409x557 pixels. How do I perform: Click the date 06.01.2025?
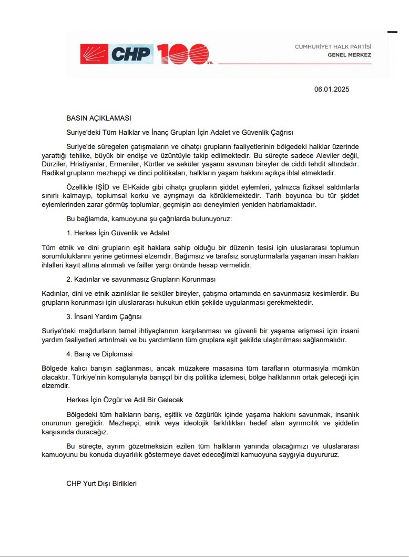click(332, 89)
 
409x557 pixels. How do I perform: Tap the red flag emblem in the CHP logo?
click(94, 53)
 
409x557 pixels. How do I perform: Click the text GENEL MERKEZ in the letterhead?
click(349, 55)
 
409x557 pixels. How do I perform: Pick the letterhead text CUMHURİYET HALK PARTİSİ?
click(333, 47)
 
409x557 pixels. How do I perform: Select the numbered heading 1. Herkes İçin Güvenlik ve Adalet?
click(118, 233)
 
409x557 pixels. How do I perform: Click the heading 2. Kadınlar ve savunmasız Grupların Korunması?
click(141, 279)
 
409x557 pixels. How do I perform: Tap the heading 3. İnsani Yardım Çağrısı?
click(104, 316)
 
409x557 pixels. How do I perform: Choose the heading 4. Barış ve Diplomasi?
click(99, 354)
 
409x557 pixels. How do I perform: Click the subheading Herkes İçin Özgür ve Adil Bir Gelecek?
click(125, 400)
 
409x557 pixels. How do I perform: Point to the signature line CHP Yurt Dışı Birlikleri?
click(101, 483)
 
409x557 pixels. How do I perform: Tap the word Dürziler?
click(55, 164)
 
